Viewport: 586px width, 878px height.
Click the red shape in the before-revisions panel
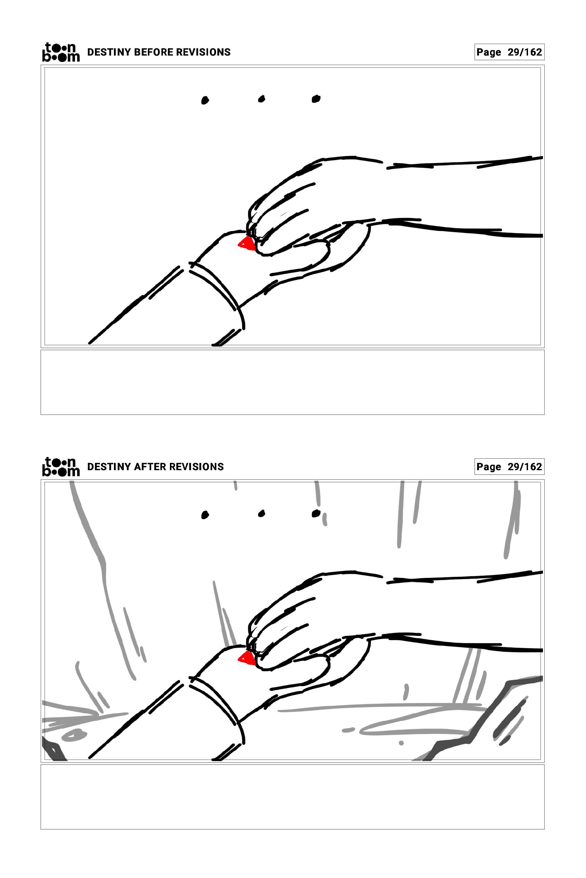[246, 244]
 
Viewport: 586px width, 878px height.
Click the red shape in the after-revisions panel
[246, 658]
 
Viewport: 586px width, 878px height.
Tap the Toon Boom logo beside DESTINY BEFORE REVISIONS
[61, 52]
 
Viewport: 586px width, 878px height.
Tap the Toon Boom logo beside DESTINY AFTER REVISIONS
[61, 467]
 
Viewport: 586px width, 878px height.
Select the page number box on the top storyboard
[509, 52]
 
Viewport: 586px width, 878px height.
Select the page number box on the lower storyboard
[509, 467]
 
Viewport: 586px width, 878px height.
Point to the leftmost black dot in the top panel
[205, 100]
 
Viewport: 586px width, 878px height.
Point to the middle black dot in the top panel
[261, 99]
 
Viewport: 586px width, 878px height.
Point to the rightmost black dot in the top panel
[316, 99]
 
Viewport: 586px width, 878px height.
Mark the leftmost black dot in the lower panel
[205, 515]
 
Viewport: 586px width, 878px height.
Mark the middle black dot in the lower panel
[261, 514]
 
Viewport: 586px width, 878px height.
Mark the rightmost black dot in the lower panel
[316, 514]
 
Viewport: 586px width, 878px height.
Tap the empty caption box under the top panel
[293, 382]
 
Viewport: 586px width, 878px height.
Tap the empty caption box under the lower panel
[293, 797]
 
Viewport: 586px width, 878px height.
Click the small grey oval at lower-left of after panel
[74, 735]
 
